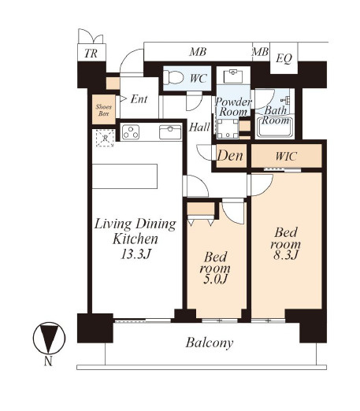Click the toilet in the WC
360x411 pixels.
(x=173, y=78)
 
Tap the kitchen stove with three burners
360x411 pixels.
(x=131, y=132)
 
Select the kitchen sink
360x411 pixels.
(x=170, y=132)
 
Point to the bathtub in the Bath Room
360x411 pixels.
(x=275, y=127)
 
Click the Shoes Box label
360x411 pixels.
(x=103, y=110)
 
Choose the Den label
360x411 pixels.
(x=230, y=156)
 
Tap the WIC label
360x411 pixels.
(x=286, y=157)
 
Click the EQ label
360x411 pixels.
(x=284, y=58)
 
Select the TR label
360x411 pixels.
(x=91, y=54)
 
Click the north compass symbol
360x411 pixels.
(x=49, y=339)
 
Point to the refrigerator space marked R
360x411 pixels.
(x=105, y=138)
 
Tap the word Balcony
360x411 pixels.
(x=210, y=343)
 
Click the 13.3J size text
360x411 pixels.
(x=135, y=254)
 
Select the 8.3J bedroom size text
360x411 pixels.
(x=285, y=254)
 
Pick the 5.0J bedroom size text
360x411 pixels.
(x=215, y=279)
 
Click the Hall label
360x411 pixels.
(x=199, y=128)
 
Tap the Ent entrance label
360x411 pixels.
(x=139, y=99)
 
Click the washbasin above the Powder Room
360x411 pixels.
(x=233, y=76)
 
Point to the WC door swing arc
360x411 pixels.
(x=195, y=104)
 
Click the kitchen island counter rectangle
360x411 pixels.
(x=124, y=176)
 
